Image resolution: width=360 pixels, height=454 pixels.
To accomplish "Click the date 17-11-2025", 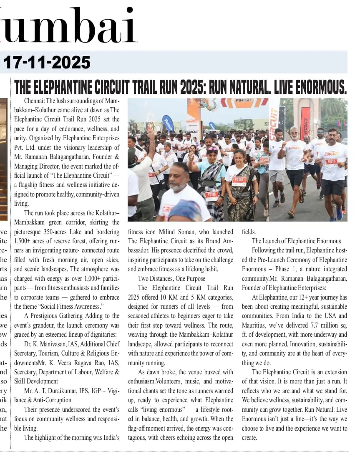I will [x=47, y=63].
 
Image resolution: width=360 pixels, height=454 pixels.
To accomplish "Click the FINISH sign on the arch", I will [x=243, y=101].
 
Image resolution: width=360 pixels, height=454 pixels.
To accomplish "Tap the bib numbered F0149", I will [x=239, y=180].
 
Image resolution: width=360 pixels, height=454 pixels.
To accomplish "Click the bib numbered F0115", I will [x=212, y=195].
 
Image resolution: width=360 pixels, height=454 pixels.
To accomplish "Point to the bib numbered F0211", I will [x=331, y=162].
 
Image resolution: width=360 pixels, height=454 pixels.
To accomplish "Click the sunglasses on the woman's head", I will [x=212, y=149].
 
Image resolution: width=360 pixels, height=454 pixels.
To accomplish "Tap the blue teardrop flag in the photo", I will [x=168, y=123].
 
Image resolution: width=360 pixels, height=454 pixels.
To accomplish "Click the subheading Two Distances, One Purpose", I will [x=171, y=278].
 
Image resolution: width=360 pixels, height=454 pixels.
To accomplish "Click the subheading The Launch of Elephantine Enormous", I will [x=296, y=241].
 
